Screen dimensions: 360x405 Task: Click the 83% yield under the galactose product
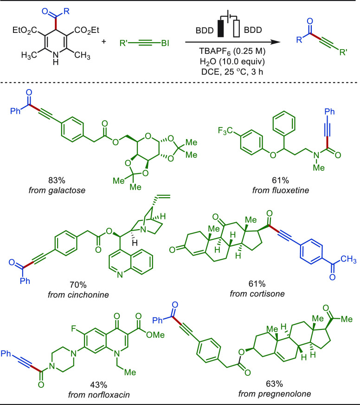tap(57, 180)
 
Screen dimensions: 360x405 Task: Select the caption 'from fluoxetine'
tap(281, 190)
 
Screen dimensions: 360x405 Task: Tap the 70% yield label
tap(78, 285)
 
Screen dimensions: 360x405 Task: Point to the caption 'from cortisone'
tap(257, 294)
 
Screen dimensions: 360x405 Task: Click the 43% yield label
tap(99, 385)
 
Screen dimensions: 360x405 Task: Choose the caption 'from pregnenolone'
tap(275, 394)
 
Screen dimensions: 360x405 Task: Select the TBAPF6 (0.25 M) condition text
tap(232, 51)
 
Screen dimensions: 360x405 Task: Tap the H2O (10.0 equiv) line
tap(232, 62)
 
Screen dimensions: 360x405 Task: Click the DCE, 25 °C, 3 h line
tap(232, 71)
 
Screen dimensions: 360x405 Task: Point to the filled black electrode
tap(221, 28)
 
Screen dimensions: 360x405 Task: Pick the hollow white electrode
tap(237, 28)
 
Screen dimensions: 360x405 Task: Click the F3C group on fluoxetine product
tap(225, 131)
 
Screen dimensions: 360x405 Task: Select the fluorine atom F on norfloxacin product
tap(74, 328)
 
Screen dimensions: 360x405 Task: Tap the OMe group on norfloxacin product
tap(155, 335)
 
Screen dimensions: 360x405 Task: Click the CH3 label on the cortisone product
tap(348, 259)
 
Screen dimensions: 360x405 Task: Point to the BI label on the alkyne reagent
tap(165, 43)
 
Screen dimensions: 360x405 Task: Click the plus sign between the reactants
tap(103, 41)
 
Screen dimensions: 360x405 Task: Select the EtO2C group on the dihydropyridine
tap(25, 31)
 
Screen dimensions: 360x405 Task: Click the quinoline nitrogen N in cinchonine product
tap(120, 275)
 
